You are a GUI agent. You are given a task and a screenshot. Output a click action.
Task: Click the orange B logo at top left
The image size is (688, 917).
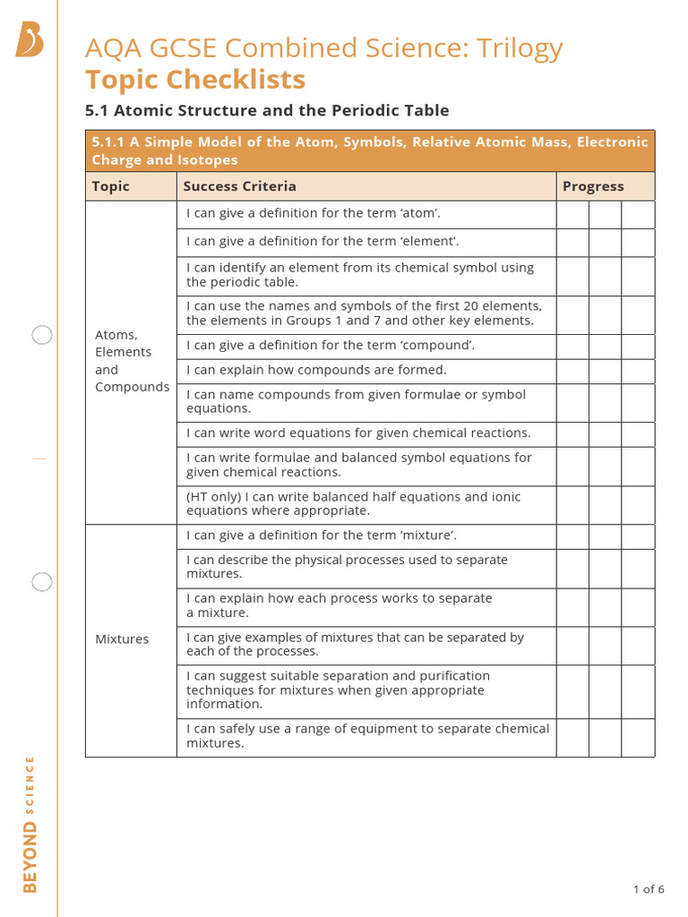(x=30, y=40)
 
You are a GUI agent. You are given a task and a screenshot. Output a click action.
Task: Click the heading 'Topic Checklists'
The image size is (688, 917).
(x=195, y=80)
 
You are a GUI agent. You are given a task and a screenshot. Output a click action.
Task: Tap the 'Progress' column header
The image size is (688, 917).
(x=592, y=186)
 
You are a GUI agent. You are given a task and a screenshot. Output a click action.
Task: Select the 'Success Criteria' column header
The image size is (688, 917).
(x=239, y=186)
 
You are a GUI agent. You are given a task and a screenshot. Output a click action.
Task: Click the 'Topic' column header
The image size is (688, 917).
(x=111, y=186)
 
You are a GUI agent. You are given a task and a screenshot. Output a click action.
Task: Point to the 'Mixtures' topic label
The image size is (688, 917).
(x=122, y=639)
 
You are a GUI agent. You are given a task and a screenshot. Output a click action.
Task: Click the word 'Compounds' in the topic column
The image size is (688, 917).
(x=132, y=387)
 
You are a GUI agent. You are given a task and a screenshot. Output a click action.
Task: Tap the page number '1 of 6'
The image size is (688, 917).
(x=649, y=889)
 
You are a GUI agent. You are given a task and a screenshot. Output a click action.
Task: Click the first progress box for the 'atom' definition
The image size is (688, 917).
(x=572, y=215)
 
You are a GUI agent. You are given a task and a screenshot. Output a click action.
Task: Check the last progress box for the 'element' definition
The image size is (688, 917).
(x=638, y=243)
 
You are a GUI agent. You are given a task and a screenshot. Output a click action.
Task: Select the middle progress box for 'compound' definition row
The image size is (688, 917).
(x=605, y=347)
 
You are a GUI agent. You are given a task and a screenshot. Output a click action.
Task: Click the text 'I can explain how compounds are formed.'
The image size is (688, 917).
(x=316, y=370)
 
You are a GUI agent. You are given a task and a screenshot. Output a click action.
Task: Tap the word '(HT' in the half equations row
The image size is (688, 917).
(x=199, y=497)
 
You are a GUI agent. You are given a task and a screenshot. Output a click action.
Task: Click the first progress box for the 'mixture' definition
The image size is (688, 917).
(x=572, y=536)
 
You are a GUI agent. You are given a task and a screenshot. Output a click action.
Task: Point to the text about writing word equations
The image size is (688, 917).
(x=358, y=433)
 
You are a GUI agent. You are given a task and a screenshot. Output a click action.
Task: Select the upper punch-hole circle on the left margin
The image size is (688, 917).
(x=42, y=336)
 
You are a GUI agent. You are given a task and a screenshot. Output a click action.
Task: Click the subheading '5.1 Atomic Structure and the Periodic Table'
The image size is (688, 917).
(x=267, y=110)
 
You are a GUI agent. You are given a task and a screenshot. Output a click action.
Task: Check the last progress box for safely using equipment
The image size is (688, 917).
(x=638, y=737)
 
